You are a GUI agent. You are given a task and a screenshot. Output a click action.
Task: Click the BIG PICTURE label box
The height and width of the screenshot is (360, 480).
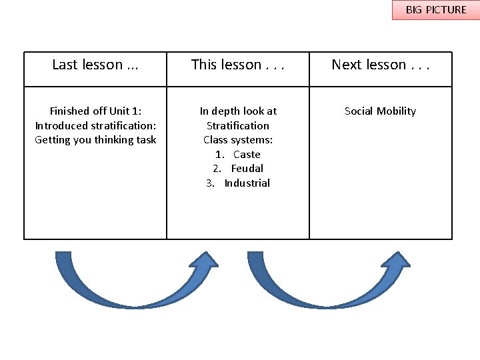(435, 10)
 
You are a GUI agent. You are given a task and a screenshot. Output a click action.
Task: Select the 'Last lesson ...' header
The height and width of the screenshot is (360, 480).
(95, 65)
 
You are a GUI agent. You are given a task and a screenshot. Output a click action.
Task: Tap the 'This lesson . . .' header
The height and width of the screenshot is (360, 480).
(238, 65)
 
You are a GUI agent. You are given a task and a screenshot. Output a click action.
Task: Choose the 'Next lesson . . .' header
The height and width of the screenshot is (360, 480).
(381, 65)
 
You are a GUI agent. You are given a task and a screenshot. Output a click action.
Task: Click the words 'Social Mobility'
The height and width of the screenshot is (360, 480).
(380, 111)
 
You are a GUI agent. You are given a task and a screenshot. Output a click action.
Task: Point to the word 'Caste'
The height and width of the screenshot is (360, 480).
(247, 154)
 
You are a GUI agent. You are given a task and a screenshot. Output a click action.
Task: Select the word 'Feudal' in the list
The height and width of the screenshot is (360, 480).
(247, 169)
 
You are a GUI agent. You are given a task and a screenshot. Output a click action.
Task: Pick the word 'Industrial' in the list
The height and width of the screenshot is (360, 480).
(247, 183)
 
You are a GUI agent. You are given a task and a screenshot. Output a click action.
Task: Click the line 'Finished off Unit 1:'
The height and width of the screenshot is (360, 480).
(95, 111)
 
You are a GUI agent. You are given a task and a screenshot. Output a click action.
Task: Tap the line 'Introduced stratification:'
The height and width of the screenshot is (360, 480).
(95, 125)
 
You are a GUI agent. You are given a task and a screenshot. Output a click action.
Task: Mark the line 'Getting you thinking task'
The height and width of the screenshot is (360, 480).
(95, 140)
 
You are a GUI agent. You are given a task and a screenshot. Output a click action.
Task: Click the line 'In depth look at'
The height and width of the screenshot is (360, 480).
(238, 111)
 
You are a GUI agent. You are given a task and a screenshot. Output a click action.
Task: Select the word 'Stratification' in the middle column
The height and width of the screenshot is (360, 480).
(238, 125)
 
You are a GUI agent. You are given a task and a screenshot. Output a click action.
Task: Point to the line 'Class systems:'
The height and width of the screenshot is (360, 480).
(238, 140)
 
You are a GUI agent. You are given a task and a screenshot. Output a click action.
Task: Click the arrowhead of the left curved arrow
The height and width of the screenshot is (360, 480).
(204, 261)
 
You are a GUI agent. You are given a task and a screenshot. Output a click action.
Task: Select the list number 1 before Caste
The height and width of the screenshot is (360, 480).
(219, 154)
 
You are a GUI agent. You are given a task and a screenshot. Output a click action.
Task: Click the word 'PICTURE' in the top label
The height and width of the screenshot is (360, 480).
(445, 10)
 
